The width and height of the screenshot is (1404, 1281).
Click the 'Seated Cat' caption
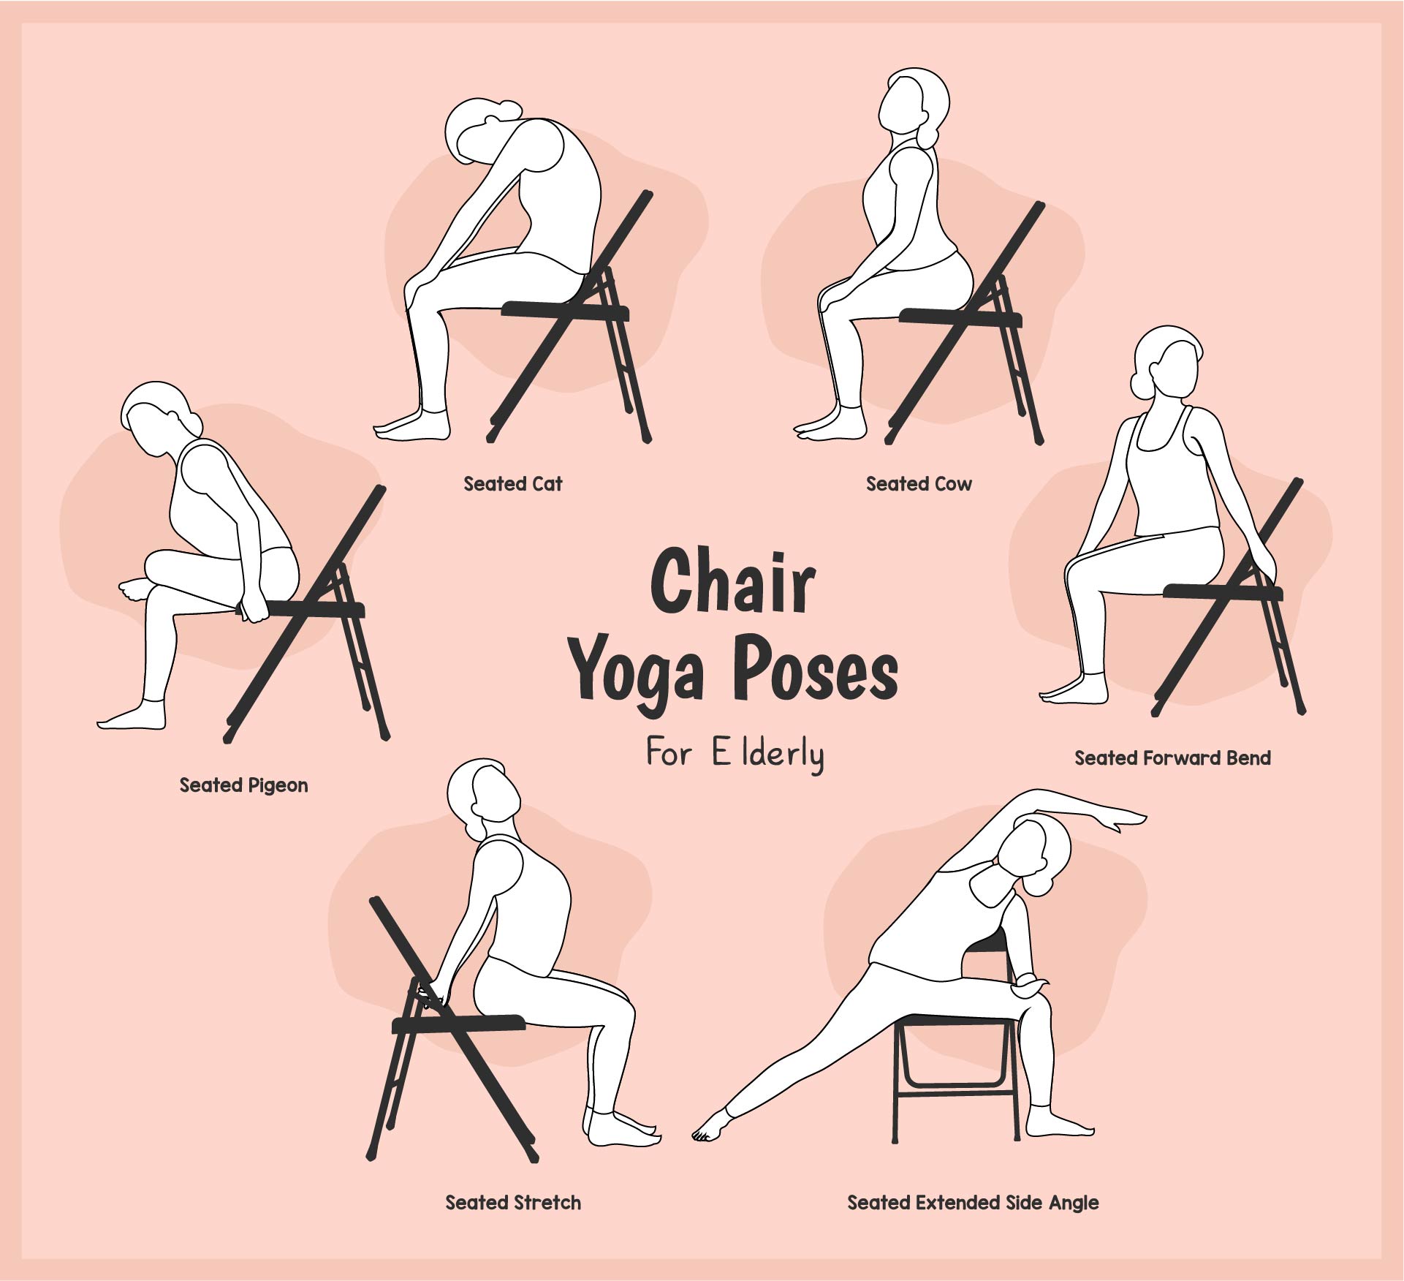pos(513,483)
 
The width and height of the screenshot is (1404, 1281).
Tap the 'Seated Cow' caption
pos(919,483)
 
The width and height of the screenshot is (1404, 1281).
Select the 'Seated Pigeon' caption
pos(243,785)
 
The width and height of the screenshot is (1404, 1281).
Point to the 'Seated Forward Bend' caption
pos(1172,757)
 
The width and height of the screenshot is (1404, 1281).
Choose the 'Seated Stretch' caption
pos(513,1203)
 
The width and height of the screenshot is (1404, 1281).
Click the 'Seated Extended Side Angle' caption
pos(973,1203)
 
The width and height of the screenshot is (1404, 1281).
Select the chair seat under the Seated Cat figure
pos(566,310)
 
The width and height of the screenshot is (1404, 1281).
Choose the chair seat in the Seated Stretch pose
pos(459,1024)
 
